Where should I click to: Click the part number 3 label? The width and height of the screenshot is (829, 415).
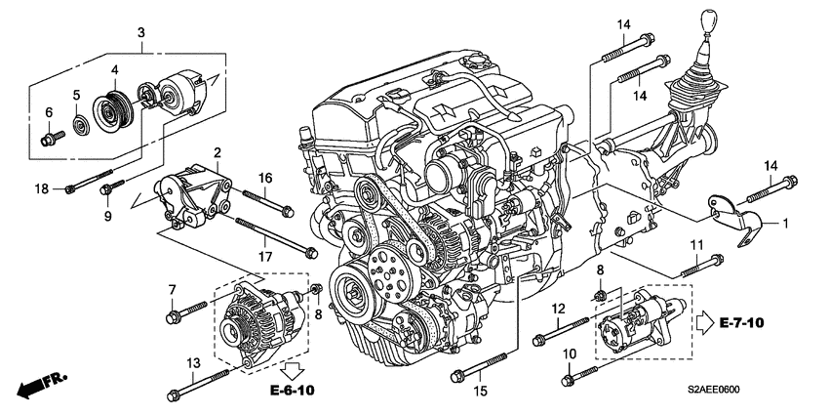(141, 32)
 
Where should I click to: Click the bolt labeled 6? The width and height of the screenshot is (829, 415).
(52, 138)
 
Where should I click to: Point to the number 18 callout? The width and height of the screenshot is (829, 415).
(41, 189)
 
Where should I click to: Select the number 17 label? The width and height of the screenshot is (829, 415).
(265, 257)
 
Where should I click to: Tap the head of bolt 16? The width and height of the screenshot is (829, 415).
(288, 212)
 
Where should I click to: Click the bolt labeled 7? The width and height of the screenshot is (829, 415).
(186, 312)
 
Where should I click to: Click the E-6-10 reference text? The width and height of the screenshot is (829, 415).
(293, 391)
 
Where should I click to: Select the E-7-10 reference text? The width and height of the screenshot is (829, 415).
(742, 322)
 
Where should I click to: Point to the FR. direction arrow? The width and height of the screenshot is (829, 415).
(42, 383)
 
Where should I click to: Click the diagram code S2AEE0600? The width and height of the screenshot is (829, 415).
(714, 391)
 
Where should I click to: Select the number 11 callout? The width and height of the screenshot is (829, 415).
(698, 244)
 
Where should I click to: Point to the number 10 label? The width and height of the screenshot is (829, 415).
(569, 354)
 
